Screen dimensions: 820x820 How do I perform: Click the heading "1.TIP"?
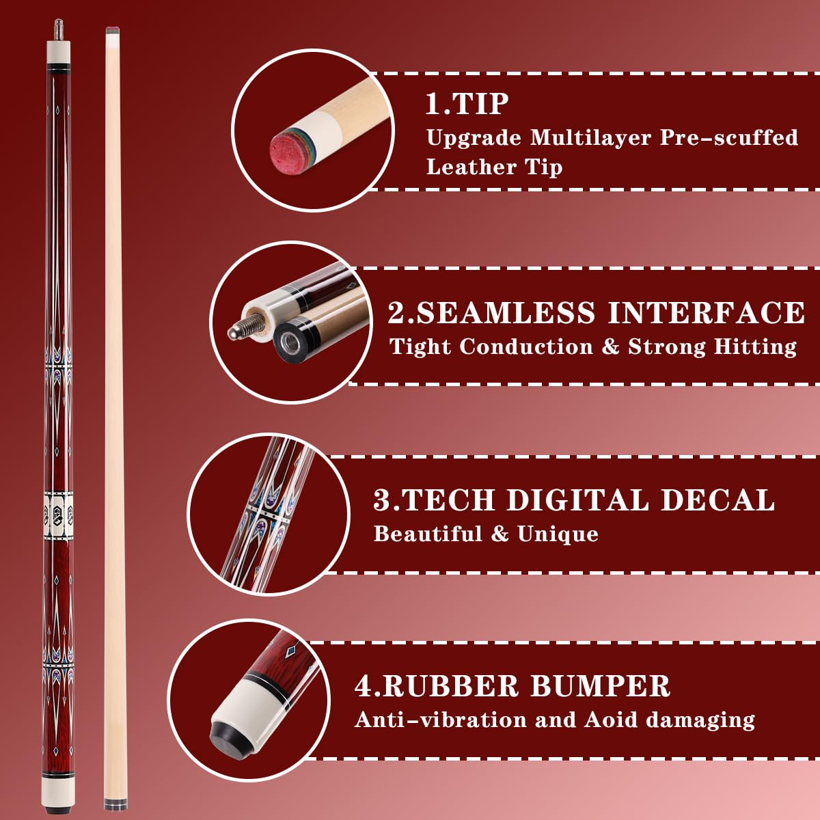point(467,104)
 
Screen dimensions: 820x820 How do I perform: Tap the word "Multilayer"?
point(590,137)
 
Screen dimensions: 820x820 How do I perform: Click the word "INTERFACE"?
point(706,313)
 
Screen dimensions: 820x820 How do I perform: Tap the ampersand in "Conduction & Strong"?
point(610,346)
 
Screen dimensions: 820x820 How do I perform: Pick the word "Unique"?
point(558,534)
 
